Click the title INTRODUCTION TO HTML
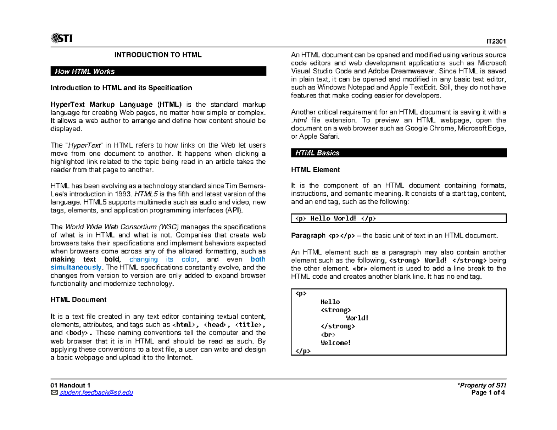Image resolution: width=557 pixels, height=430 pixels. tap(159, 55)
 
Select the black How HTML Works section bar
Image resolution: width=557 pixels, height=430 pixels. tap(158, 71)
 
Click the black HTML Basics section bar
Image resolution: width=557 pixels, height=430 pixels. tap(398, 153)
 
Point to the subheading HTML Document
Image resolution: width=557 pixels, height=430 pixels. tap(78, 300)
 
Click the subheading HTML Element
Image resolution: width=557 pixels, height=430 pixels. tap(315, 169)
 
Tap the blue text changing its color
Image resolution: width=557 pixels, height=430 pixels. tap(163, 259)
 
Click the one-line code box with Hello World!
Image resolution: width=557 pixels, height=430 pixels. tap(398, 218)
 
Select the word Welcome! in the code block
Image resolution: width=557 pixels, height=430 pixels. tap(336, 343)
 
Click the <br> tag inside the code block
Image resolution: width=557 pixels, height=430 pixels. tap(328, 334)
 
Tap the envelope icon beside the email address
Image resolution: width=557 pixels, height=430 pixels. tap(53, 393)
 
